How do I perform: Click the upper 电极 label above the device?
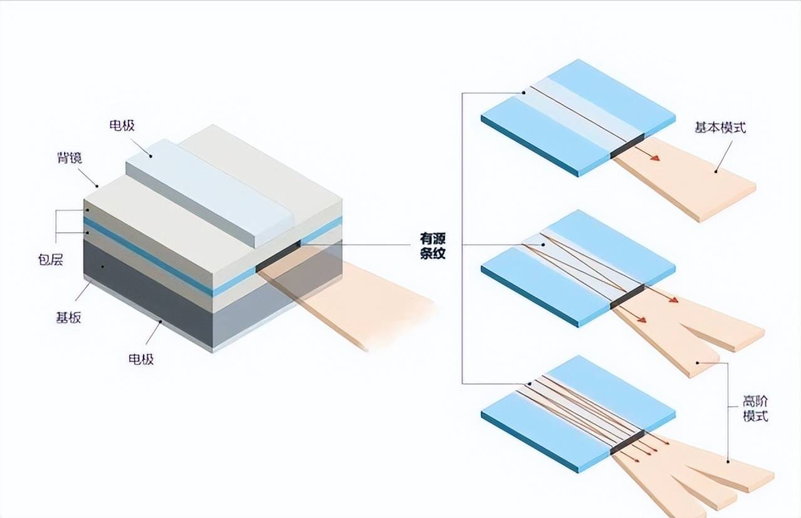(x=122, y=126)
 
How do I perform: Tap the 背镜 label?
(x=70, y=158)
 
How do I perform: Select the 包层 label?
(x=51, y=260)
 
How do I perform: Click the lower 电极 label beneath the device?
(x=141, y=359)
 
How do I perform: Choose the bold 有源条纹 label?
(x=432, y=246)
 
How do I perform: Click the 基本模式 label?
(x=720, y=128)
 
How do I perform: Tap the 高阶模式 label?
(x=756, y=408)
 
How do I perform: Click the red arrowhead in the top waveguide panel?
(x=655, y=158)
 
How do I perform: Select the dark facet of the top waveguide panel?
(x=627, y=146)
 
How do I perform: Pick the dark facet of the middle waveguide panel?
(x=627, y=297)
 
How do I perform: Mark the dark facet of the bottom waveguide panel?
(x=627, y=443)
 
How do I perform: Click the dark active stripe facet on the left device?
(x=278, y=256)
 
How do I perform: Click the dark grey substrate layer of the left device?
(x=147, y=290)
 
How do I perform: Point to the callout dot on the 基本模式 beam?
(x=716, y=171)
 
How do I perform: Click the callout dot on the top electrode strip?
(x=151, y=156)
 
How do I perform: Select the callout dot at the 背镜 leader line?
(x=97, y=186)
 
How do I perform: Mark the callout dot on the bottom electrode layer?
(x=160, y=322)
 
